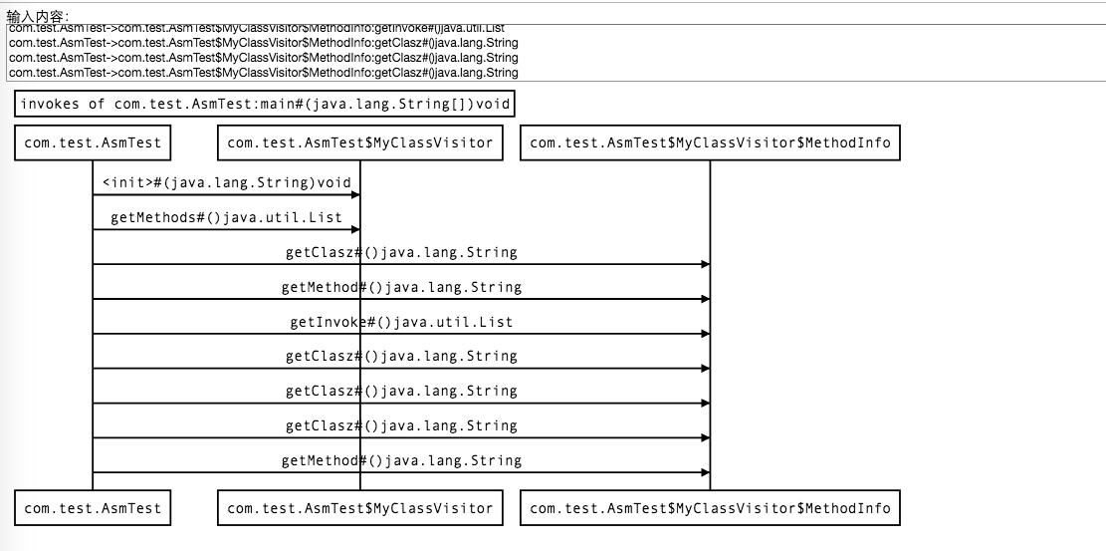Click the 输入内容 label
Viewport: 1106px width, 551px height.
[39, 15]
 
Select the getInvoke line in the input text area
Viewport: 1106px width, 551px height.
[263, 28]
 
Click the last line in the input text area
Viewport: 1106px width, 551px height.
[263, 72]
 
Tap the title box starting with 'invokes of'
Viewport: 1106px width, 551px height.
[266, 104]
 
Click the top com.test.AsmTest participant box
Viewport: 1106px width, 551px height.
[93, 142]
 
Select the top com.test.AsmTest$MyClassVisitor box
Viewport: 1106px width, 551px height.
[360, 142]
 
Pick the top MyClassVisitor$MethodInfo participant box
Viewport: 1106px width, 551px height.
[710, 142]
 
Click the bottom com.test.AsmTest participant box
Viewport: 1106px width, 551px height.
[93, 508]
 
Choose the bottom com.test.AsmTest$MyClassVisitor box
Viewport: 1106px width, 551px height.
[360, 508]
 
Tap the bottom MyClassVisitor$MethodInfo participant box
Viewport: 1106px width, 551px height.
[710, 508]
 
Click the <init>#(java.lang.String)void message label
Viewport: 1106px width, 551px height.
[226, 182]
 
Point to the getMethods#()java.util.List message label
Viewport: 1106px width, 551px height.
[226, 217]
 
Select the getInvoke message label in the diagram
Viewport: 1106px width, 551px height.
[401, 322]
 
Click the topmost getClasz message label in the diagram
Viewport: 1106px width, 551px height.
[401, 252]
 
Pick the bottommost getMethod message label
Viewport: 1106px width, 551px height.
[401, 460]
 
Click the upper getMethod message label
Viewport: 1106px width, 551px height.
[401, 287]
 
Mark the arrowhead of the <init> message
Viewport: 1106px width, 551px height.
[354, 195]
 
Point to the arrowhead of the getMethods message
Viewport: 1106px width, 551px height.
[354, 230]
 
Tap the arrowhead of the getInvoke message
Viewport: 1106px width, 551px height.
[705, 334]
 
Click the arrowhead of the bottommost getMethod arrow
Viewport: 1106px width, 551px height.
[705, 472]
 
